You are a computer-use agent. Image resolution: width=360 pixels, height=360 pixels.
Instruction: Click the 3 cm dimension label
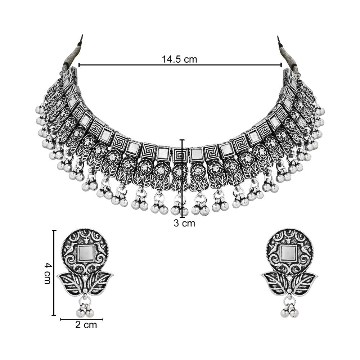[184, 223]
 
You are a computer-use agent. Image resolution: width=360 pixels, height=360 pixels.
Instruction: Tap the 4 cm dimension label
[47, 273]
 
